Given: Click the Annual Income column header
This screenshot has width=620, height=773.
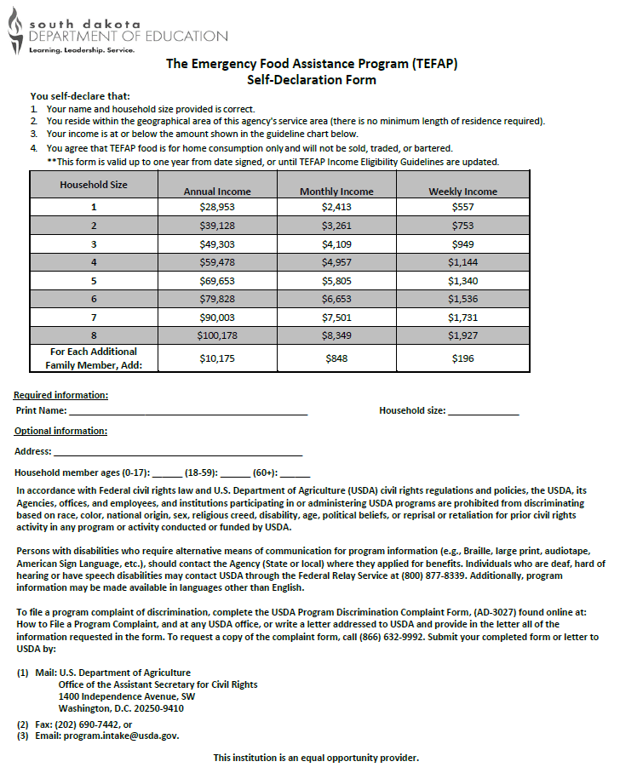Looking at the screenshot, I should coord(217,192).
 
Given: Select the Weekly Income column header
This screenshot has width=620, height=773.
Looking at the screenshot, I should coord(462,192).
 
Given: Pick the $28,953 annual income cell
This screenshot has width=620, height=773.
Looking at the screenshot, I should coord(217,207).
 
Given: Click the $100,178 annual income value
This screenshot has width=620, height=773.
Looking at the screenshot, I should coord(217,335).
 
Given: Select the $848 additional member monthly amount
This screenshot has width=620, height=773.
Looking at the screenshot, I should coord(336,358).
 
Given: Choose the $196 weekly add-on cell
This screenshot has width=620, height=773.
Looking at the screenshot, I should coord(462,358).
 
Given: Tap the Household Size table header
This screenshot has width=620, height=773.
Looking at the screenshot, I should coord(94,185).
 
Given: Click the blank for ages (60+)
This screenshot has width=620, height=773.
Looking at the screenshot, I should coord(295,473).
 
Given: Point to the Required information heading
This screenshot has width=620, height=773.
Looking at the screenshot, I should coord(61,395).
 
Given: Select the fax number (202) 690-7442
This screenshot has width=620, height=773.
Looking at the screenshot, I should coord(84,724).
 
